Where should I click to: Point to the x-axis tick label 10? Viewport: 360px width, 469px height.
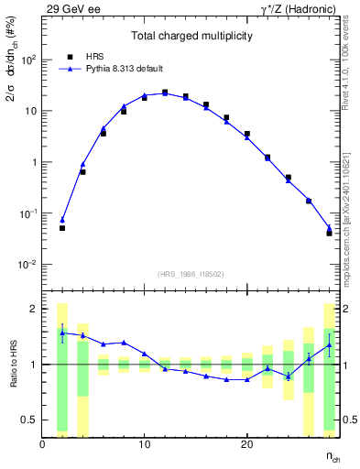tap(144, 444)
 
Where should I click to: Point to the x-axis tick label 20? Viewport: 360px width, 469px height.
tap(246, 444)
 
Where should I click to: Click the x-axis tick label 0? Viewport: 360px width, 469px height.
tap(42, 444)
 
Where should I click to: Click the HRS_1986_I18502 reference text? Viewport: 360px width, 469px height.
tap(191, 273)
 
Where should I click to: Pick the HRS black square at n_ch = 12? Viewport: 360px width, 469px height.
tap(165, 93)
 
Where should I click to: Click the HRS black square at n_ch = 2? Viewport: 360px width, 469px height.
tap(62, 227)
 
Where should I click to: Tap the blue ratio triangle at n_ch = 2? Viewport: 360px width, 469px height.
tap(62, 333)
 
